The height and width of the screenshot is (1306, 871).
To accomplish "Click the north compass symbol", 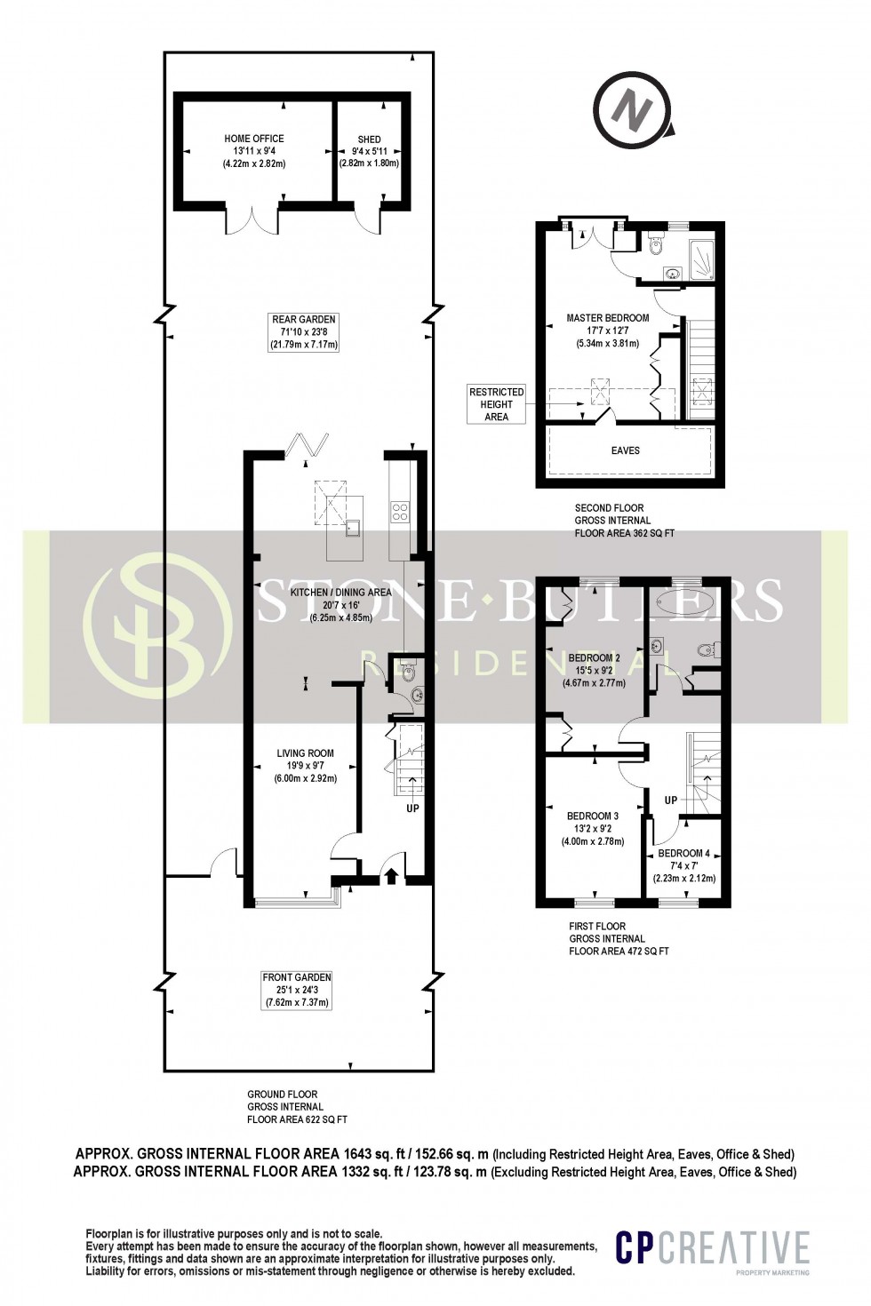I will (633, 112).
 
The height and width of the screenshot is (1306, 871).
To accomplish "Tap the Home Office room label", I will (254, 151).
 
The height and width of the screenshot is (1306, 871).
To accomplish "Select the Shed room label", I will (369, 151).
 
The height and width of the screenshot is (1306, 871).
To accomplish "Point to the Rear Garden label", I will (305, 331).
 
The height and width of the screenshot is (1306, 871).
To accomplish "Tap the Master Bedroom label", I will (608, 330).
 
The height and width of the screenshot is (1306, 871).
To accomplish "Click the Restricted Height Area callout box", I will (497, 403).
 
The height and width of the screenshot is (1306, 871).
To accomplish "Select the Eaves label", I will (626, 450).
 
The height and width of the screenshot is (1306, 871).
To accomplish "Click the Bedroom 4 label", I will (684, 865).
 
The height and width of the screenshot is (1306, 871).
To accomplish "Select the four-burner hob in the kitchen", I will (400, 511).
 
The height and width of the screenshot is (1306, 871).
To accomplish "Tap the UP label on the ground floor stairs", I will (412, 808).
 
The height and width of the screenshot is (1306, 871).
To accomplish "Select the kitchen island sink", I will (353, 527).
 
